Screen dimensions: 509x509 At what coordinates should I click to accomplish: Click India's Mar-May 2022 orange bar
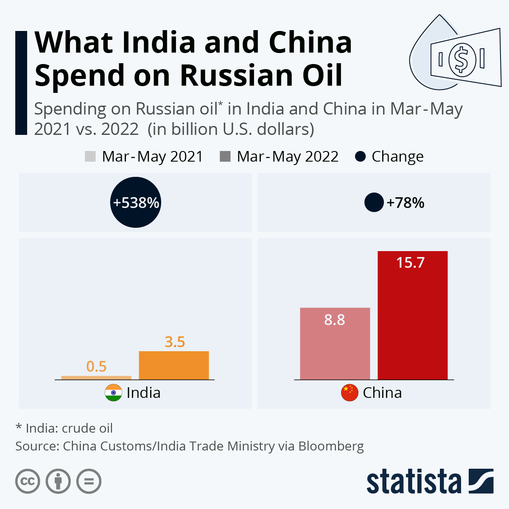click(x=174, y=365)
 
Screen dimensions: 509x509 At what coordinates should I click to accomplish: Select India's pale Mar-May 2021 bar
click(x=96, y=378)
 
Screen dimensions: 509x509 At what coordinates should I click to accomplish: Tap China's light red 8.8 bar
click(x=335, y=344)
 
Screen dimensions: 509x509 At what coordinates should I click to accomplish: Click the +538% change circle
click(x=136, y=202)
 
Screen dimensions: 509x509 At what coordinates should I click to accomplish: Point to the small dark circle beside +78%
click(x=374, y=202)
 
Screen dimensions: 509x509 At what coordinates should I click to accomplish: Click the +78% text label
click(x=406, y=203)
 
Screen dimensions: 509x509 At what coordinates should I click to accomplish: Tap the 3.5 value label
click(x=175, y=342)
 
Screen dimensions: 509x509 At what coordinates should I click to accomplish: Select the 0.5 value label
click(x=96, y=366)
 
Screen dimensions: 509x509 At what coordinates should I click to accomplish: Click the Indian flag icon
click(x=113, y=393)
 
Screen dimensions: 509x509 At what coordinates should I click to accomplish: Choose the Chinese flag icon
click(x=350, y=393)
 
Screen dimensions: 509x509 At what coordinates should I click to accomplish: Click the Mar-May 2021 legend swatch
click(x=90, y=157)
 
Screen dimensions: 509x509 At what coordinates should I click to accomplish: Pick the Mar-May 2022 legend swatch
click(x=225, y=157)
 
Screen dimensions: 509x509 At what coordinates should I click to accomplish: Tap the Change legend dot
click(x=360, y=157)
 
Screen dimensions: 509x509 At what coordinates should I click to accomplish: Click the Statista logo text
click(x=414, y=482)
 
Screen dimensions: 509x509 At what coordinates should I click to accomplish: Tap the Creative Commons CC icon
click(x=28, y=481)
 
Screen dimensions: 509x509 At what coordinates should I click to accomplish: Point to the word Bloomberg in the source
click(x=331, y=446)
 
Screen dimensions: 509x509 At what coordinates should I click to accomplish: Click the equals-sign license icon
click(x=89, y=481)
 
